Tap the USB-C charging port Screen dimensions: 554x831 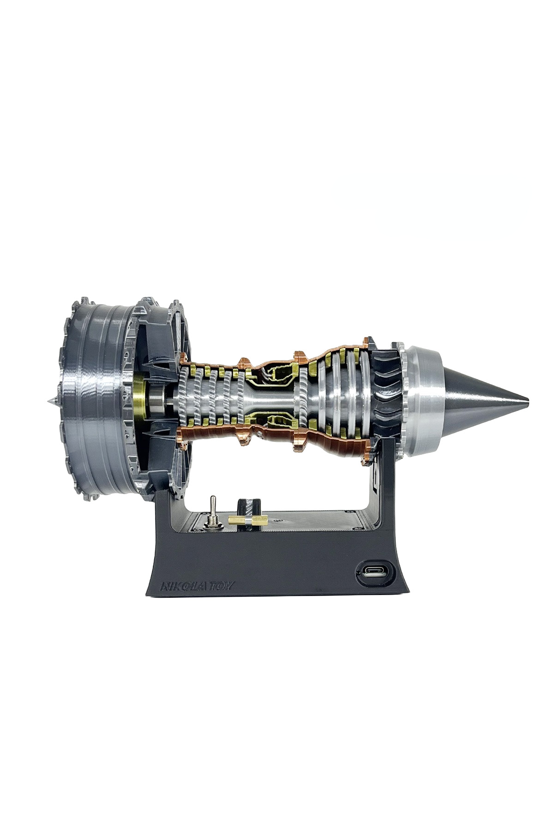374,573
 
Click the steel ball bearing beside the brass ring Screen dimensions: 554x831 157,398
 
